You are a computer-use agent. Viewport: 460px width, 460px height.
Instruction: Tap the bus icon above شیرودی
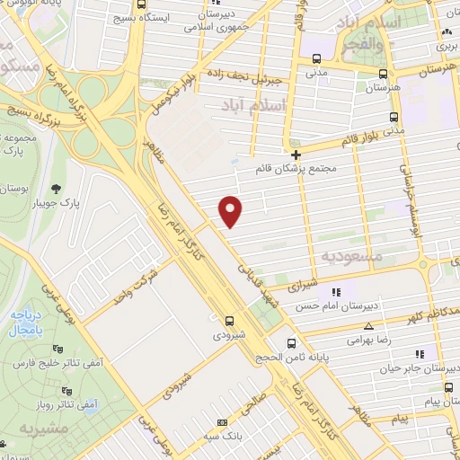tap(230, 319)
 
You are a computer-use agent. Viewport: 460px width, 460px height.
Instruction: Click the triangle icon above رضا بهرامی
tap(368, 326)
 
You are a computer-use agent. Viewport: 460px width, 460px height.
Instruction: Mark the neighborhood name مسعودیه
tap(351, 256)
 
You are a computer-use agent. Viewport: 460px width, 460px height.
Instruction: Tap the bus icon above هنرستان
tap(383, 74)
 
